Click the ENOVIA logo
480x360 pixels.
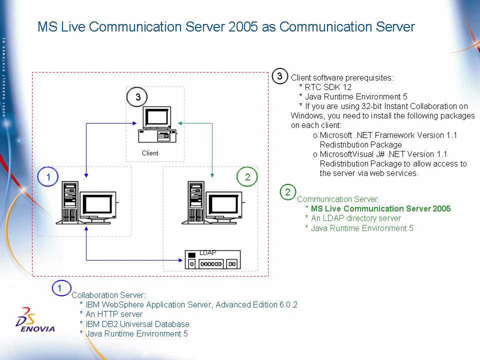click(x=35, y=320)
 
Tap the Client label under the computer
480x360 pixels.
click(x=150, y=153)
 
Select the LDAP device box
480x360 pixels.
click(x=213, y=259)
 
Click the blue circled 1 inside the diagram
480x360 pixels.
click(x=48, y=176)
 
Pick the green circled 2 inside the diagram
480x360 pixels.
click(x=247, y=176)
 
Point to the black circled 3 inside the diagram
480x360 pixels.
click(x=137, y=97)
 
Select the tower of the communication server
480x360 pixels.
click(x=196, y=202)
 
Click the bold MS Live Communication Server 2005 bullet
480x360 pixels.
click(x=380, y=208)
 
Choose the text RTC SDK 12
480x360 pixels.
click(x=328, y=87)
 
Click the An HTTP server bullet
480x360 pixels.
click(x=114, y=314)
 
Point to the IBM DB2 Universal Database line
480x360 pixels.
click(x=137, y=324)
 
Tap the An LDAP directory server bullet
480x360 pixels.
click(x=355, y=218)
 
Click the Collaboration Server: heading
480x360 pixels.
click(x=108, y=295)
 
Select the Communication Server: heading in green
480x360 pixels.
click(x=338, y=199)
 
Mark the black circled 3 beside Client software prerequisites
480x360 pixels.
click(x=280, y=76)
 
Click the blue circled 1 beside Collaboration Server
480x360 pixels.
click(x=61, y=288)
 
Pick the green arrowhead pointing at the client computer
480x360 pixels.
click(x=180, y=123)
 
